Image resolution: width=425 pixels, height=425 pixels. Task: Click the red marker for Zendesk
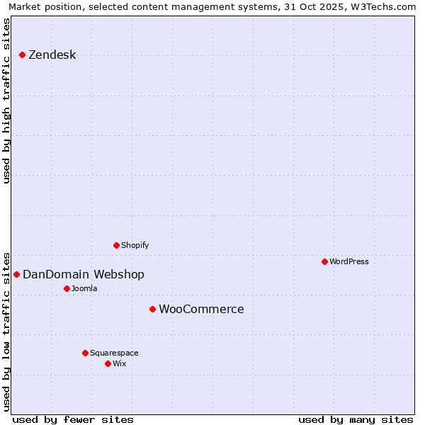tap(23, 55)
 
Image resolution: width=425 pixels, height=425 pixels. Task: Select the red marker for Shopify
tap(117, 245)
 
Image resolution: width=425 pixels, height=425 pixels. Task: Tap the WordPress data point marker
tap(325, 261)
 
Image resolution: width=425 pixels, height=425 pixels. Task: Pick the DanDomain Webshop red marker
tap(17, 274)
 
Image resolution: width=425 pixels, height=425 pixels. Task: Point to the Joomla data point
tap(67, 288)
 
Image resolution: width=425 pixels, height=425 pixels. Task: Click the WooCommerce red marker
tap(153, 309)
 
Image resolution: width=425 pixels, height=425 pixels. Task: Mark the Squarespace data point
tap(86, 353)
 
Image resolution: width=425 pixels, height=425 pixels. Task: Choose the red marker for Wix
tap(108, 363)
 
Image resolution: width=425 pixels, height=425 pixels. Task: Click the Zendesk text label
tap(52, 55)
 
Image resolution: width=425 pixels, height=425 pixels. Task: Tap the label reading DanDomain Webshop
tap(84, 274)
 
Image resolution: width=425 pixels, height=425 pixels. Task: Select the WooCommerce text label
tap(201, 309)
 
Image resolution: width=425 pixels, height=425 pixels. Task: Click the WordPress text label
tap(349, 261)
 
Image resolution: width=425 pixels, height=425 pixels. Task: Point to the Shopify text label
tap(135, 245)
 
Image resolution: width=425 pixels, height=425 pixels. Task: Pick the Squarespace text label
tap(115, 353)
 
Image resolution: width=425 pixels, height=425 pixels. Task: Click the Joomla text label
tap(84, 288)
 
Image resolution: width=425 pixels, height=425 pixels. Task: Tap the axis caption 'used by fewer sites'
tap(73, 419)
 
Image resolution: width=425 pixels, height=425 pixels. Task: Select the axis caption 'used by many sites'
tap(356, 419)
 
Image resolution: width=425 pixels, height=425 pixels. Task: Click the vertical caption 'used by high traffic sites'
tap(7, 101)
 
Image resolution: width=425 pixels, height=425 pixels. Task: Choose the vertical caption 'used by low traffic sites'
tap(7, 331)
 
